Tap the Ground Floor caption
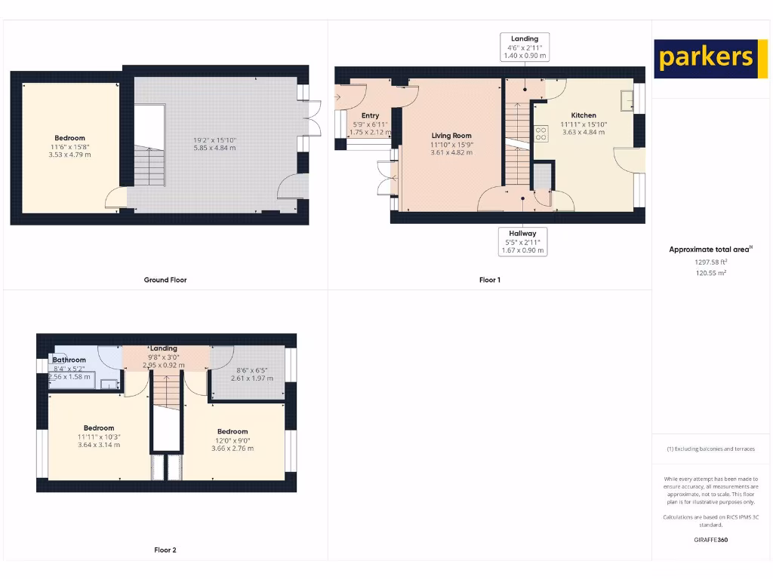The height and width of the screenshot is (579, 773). (165, 280)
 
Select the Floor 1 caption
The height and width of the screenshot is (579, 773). (490, 280)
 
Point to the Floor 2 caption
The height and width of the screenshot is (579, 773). (165, 550)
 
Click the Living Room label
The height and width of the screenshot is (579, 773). (451, 136)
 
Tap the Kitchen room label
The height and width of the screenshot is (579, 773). (584, 115)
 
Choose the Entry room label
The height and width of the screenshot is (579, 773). (370, 115)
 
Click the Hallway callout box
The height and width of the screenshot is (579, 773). (522, 242)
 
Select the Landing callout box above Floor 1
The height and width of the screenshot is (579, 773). (525, 47)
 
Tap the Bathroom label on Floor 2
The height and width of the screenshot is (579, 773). (69, 360)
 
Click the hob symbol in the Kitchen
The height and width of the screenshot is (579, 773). (541, 133)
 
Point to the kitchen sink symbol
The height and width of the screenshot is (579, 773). (627, 101)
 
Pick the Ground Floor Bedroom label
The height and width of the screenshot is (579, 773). (69, 138)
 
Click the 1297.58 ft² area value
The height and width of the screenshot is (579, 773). (710, 262)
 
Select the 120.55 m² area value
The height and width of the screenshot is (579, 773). (710, 273)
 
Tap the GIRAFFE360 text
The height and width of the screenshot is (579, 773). (710, 540)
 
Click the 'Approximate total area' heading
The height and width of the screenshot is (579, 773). (710, 250)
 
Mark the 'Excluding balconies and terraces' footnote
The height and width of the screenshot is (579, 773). (710, 449)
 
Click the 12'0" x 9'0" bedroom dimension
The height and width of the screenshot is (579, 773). (233, 440)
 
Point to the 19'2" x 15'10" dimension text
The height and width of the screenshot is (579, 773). (214, 139)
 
